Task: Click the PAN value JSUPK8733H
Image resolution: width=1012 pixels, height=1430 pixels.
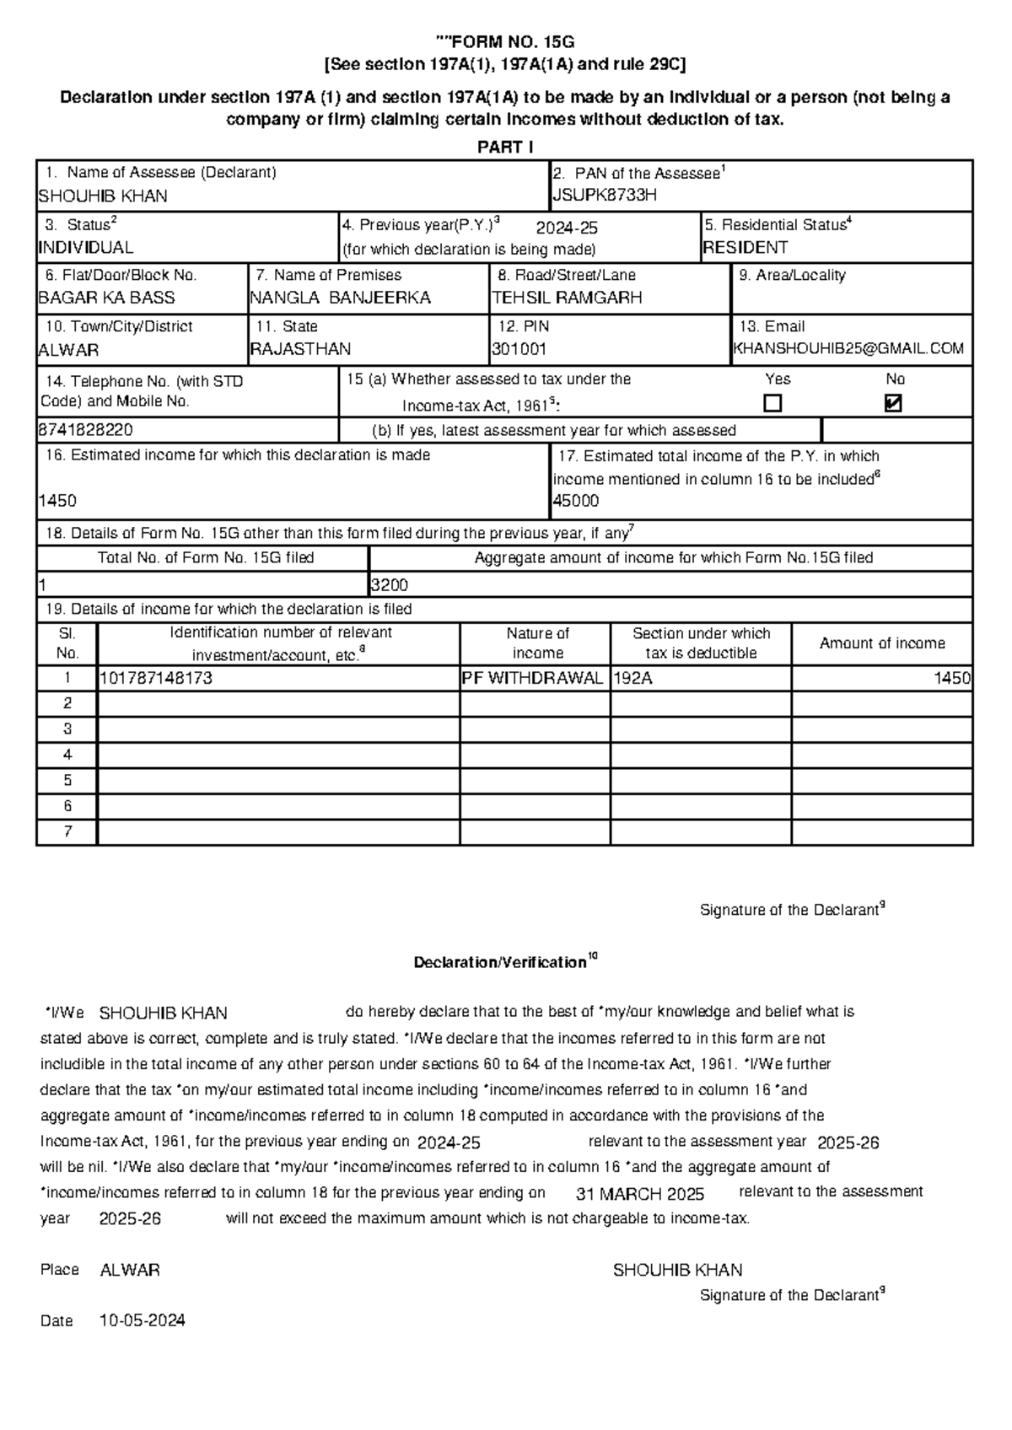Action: pos(604,196)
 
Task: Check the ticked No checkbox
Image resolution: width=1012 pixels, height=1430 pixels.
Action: pos(893,404)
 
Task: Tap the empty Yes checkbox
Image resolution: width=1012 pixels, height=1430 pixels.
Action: pos(772,404)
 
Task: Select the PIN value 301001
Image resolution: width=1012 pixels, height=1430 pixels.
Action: pos(519,349)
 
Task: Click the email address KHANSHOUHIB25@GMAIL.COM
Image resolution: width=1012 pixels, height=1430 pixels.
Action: pos(848,349)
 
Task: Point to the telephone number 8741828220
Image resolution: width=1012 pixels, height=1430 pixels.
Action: pos(85,430)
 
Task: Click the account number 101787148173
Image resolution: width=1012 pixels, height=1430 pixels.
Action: pos(156,678)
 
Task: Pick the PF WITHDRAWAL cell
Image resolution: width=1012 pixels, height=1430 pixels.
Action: pos(533,678)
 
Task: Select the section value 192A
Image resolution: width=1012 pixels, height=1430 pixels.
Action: pos(633,678)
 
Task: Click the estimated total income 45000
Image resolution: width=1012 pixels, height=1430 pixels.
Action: pos(576,501)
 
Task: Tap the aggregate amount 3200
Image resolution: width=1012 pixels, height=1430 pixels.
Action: pos(390,585)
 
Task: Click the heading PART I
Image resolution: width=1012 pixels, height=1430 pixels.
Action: pos(505,148)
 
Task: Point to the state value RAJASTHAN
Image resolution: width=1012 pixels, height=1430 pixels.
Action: pos(300,349)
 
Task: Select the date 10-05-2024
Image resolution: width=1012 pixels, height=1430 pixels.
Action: pos(143,1320)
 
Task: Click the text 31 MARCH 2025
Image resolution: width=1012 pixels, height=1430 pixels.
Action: pos(639,1195)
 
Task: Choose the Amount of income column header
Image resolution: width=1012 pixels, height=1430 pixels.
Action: pos(882,643)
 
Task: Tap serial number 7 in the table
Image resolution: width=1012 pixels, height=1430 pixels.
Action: pos(67,831)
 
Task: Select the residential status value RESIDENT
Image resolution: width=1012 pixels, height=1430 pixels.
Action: pos(746,248)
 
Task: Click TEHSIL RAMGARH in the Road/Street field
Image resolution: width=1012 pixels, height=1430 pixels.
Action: pos(567,298)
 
